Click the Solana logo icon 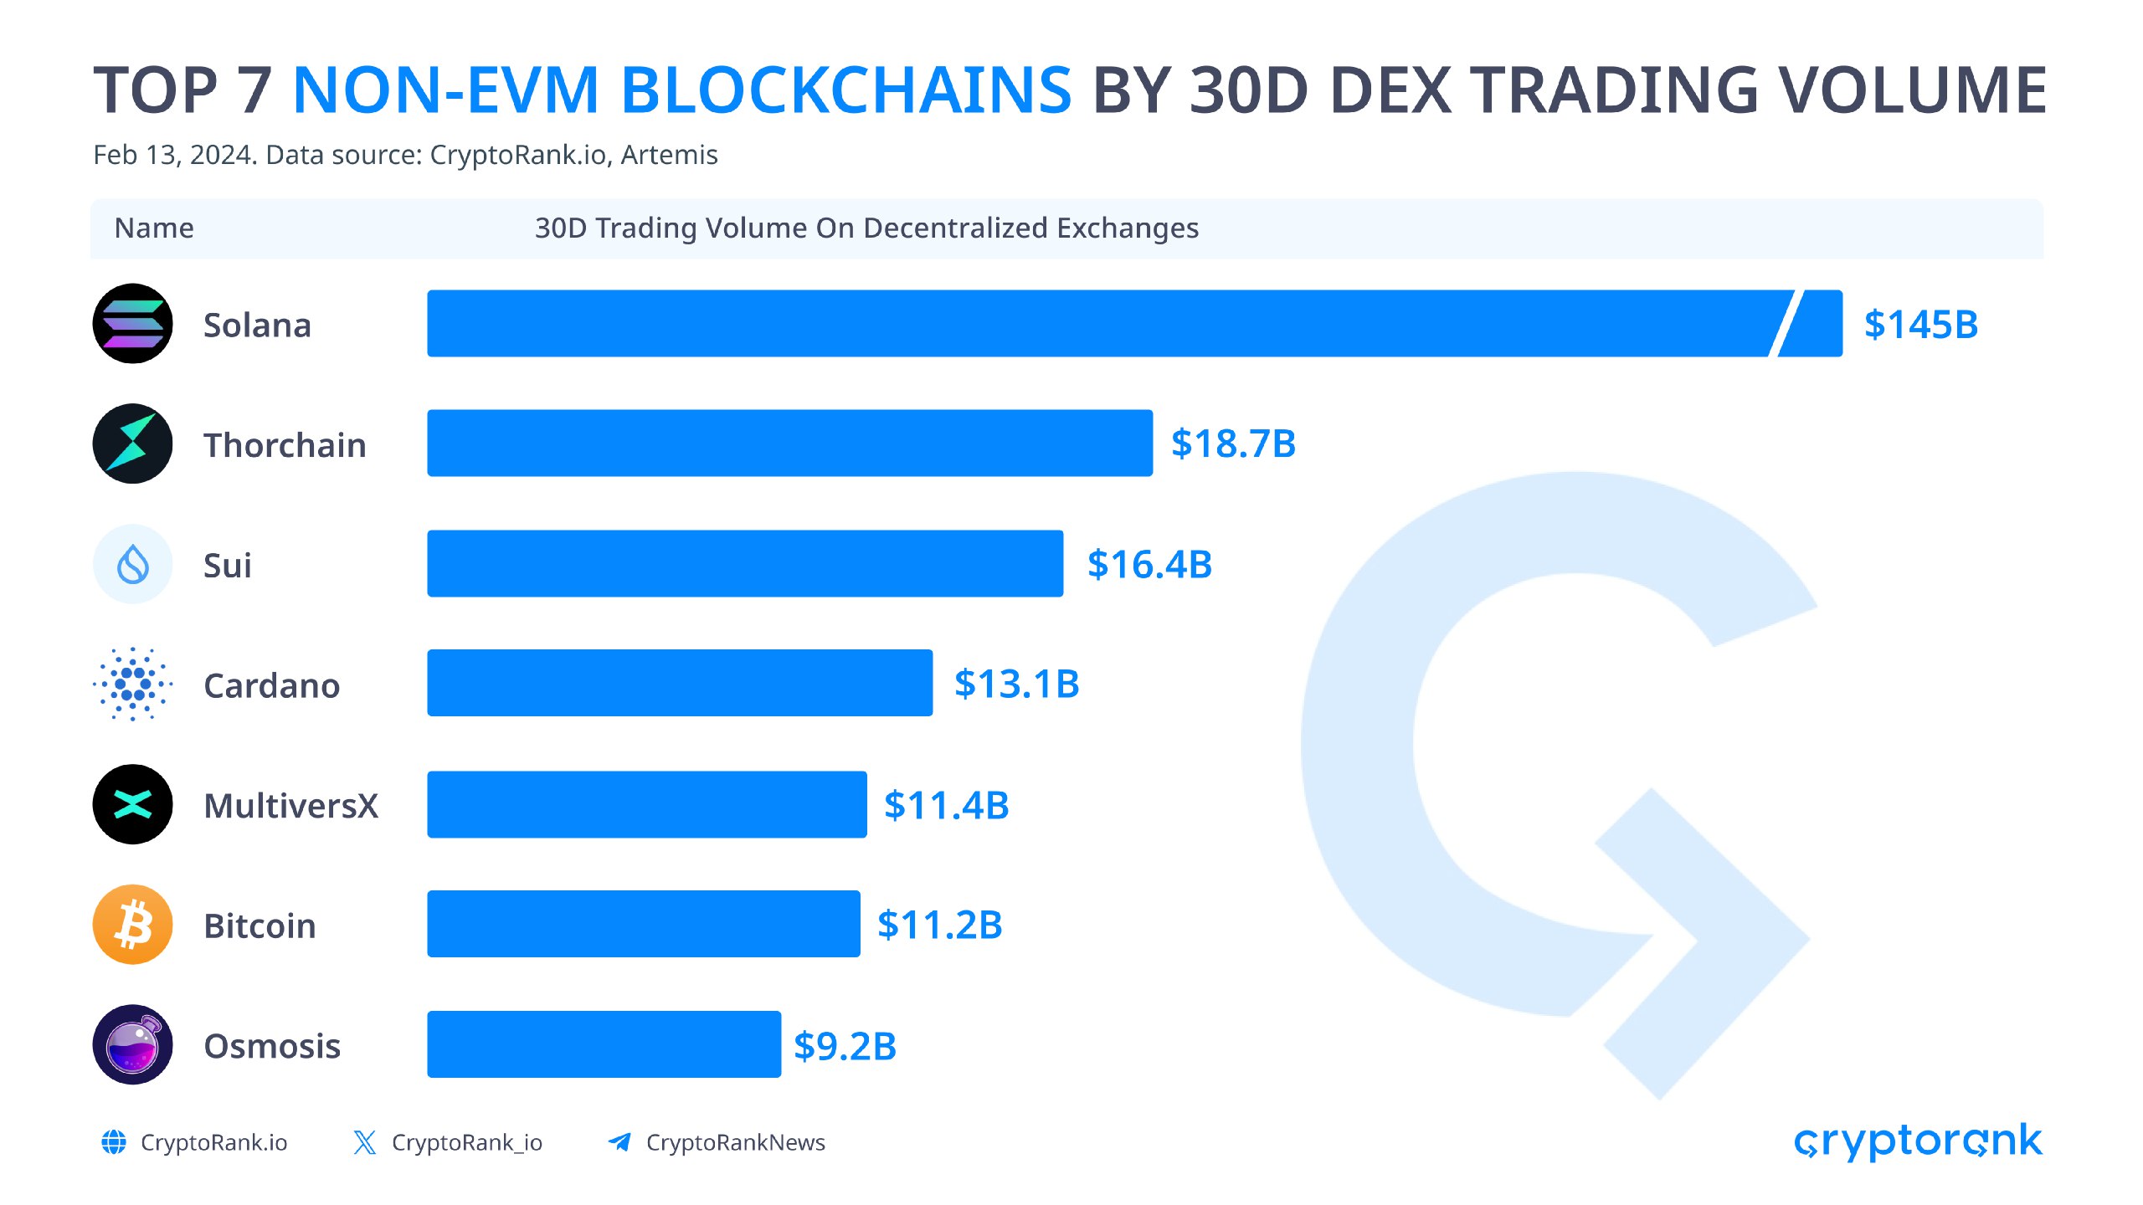[x=132, y=324]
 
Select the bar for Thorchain [x=789, y=444]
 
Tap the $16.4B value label [x=1149, y=564]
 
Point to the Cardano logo [x=132, y=685]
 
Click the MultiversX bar [x=646, y=804]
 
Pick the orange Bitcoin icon [x=132, y=925]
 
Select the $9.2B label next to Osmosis [x=845, y=1046]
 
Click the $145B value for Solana [x=1920, y=325]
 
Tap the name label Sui [x=227, y=566]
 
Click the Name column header [x=154, y=228]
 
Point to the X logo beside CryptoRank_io [x=364, y=1142]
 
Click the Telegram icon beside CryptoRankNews [x=619, y=1142]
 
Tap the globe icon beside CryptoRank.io [x=114, y=1142]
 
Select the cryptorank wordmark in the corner [x=1917, y=1141]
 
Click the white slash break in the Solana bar [x=1785, y=324]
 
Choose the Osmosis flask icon [x=132, y=1044]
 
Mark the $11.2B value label [x=939, y=925]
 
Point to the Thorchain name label [x=285, y=445]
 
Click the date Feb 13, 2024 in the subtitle [x=174, y=155]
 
